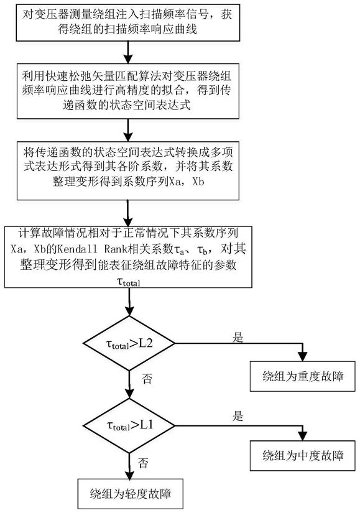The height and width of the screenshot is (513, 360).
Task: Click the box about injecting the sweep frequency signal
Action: (x=128, y=22)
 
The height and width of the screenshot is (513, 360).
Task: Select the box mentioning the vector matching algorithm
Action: (x=128, y=91)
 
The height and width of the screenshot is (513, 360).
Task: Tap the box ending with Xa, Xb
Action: (x=128, y=170)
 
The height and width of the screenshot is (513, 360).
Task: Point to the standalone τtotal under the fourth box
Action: (x=128, y=281)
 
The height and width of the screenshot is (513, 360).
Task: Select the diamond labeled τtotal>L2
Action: (x=129, y=343)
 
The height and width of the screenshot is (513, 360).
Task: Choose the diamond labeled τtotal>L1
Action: (x=129, y=426)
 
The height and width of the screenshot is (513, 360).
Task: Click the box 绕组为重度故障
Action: (x=302, y=376)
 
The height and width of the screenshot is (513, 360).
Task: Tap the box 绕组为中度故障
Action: (x=302, y=456)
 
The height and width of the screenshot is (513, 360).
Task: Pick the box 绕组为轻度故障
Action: (x=130, y=494)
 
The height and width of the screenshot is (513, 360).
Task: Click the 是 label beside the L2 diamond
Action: (x=238, y=337)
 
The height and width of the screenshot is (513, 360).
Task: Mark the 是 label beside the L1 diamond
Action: (x=238, y=417)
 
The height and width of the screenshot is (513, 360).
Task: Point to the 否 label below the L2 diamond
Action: (x=147, y=379)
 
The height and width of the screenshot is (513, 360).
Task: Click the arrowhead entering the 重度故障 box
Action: (x=303, y=357)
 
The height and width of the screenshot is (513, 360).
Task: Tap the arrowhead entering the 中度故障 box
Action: (x=303, y=436)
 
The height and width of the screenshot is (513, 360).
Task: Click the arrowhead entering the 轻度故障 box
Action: (x=130, y=474)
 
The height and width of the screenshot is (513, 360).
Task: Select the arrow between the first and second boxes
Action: (x=128, y=52)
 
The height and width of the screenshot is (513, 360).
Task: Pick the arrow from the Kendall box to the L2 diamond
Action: (x=129, y=302)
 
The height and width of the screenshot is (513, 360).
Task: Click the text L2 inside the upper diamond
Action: (x=145, y=343)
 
